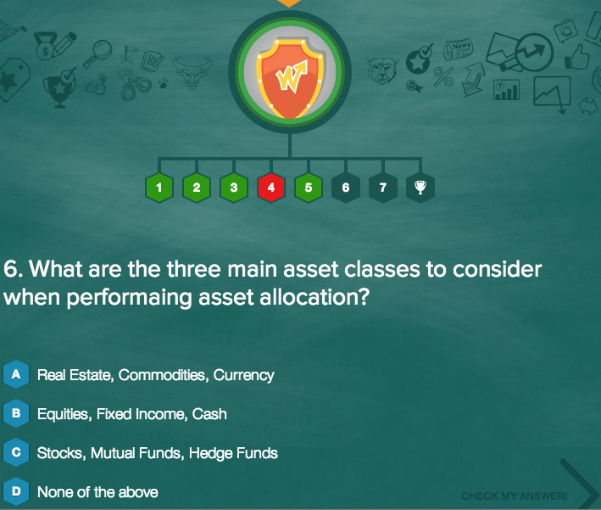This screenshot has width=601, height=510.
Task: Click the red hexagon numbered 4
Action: pyautogui.click(x=271, y=188)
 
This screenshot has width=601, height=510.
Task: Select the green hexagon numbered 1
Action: pyautogui.click(x=159, y=188)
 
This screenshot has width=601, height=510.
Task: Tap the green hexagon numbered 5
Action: pyautogui.click(x=309, y=188)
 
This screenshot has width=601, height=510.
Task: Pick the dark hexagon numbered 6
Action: pyautogui.click(x=345, y=188)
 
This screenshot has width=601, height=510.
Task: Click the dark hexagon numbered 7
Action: pyautogui.click(x=382, y=188)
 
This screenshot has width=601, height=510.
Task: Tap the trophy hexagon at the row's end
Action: pyautogui.click(x=420, y=188)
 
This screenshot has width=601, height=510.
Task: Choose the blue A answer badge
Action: pyautogui.click(x=16, y=374)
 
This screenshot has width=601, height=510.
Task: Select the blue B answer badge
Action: pyautogui.click(x=16, y=413)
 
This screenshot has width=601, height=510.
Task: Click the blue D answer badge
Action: pyautogui.click(x=16, y=491)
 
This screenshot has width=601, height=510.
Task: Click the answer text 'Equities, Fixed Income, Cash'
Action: pyautogui.click(x=132, y=414)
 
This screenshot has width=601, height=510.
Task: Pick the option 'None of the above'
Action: pyautogui.click(x=97, y=492)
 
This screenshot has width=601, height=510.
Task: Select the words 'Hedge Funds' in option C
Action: pyautogui.click(x=233, y=453)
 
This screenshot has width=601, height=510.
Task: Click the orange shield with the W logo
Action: pyautogui.click(x=290, y=79)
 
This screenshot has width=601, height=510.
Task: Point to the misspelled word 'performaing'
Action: pyautogui.click(x=129, y=298)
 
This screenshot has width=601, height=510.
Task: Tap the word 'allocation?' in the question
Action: pyautogui.click(x=314, y=297)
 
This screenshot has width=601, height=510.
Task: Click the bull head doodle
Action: pyautogui.click(x=192, y=72)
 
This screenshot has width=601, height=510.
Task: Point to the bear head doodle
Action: pyautogui.click(x=381, y=70)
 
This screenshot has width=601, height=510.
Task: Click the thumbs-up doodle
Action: pyautogui.click(x=576, y=57)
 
